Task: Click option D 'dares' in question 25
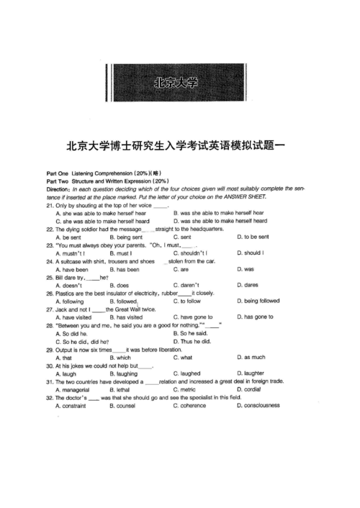[248, 285]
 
